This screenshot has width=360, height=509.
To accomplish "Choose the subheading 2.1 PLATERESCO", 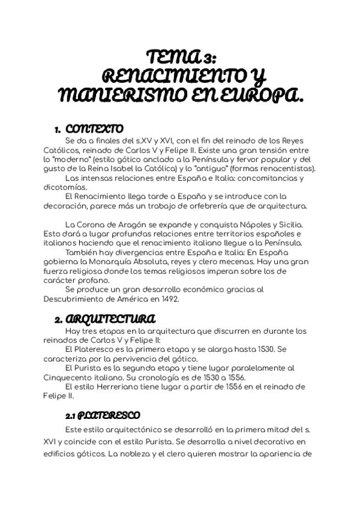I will tap(103, 415).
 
